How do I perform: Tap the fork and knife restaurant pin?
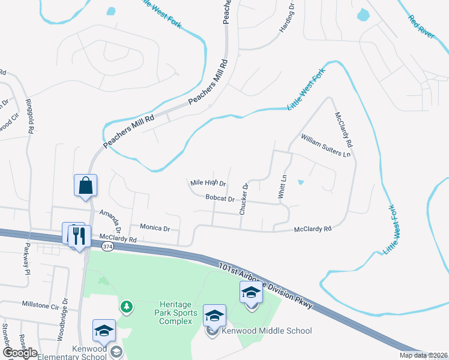(x=79, y=235)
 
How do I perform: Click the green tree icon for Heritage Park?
(x=126, y=307)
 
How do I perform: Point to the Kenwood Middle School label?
(x=267, y=331)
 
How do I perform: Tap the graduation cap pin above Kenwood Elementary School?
(x=104, y=331)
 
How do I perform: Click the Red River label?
(x=421, y=27)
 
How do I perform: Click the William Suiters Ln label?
(x=325, y=145)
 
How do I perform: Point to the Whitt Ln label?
(x=283, y=187)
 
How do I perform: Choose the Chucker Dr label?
(x=244, y=200)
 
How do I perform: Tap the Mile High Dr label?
(x=207, y=183)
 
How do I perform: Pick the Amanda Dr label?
(x=111, y=218)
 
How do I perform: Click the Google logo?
(x=20, y=352)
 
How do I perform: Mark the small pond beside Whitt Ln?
(x=301, y=182)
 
